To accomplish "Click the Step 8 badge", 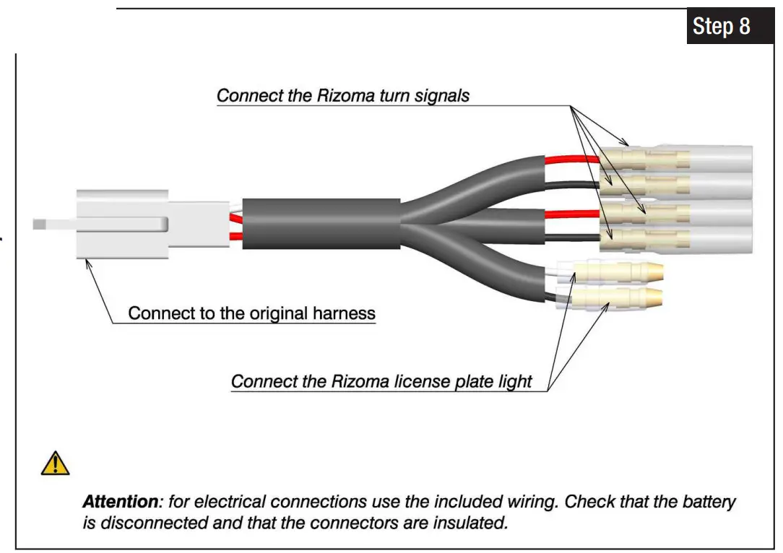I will pyautogui.click(x=721, y=27).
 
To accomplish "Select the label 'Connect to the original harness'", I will pyautogui.click(x=251, y=313).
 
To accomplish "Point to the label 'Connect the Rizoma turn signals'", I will pyautogui.click(x=343, y=95).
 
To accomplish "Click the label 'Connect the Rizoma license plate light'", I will pyautogui.click(x=381, y=381).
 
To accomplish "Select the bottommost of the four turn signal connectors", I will pyautogui.click(x=675, y=238).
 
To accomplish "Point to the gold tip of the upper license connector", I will pyautogui.click(x=654, y=273).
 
